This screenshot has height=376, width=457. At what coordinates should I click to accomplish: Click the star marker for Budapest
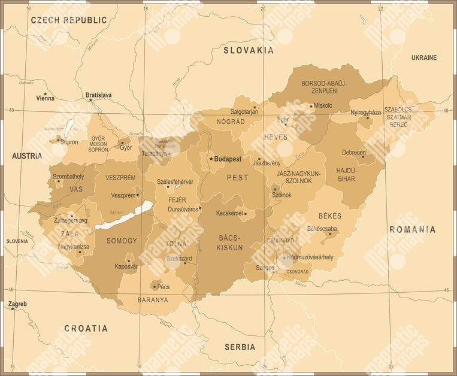point(211,159)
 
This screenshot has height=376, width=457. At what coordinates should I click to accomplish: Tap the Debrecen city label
point(353,153)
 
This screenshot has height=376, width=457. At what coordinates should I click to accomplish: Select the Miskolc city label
point(323,105)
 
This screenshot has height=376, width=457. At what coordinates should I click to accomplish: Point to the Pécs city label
point(163,287)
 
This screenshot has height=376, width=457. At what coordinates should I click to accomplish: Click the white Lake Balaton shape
point(124,216)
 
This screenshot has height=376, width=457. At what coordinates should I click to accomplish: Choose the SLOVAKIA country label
point(249,50)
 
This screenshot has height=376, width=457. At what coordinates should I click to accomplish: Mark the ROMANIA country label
point(412,229)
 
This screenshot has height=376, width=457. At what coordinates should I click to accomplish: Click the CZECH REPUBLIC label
point(69,20)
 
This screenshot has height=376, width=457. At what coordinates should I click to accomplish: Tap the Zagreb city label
point(18,304)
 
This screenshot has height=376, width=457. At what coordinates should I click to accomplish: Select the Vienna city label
point(45,98)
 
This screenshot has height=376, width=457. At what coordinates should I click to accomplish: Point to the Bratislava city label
point(99,95)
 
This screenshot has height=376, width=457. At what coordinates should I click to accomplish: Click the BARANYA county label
point(153,299)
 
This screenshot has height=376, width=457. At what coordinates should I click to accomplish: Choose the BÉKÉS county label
point(329,216)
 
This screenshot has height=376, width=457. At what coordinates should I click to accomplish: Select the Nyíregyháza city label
point(365,113)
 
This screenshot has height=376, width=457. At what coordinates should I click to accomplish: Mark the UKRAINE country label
point(423,57)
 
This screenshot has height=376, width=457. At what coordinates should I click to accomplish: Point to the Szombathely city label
point(68,177)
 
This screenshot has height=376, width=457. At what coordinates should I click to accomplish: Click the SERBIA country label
point(240,347)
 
